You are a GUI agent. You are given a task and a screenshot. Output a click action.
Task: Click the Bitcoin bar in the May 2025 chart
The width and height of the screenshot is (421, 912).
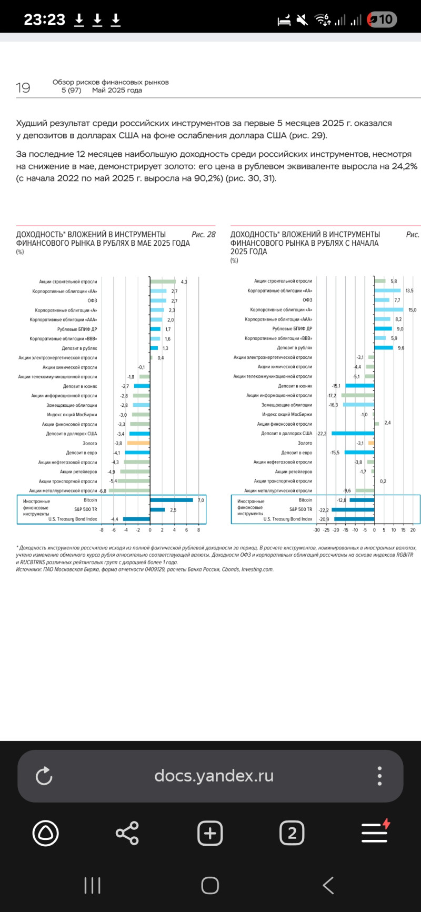172,500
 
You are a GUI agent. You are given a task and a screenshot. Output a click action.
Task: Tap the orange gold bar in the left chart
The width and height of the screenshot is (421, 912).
138,443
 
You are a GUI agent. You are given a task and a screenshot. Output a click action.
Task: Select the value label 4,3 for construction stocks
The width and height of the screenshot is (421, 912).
184,282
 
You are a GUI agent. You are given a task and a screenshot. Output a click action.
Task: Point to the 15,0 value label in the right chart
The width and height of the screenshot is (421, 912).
412,310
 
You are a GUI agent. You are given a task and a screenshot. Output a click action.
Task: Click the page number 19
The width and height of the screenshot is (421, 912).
23,88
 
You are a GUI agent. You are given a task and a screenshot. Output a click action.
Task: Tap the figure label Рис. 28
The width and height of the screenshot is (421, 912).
204,235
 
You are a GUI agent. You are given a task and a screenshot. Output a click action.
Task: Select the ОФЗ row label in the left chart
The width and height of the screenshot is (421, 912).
92,301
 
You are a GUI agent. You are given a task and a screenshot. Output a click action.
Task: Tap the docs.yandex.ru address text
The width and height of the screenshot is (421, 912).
214,776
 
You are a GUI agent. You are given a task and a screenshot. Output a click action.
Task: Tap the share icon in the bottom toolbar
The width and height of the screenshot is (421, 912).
127,833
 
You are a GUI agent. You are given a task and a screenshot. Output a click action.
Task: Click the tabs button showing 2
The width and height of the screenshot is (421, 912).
292,833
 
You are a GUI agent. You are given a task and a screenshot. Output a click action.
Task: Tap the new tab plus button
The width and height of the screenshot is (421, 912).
210,833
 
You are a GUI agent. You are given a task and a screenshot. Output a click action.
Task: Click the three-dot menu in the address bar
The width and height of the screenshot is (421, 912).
379,776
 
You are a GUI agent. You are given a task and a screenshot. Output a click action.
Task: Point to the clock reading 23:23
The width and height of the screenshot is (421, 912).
44,20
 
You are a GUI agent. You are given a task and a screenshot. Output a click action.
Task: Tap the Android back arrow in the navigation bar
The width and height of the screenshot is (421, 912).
328,886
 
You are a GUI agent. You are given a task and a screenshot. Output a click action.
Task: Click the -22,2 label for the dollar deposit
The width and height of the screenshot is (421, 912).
322,434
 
